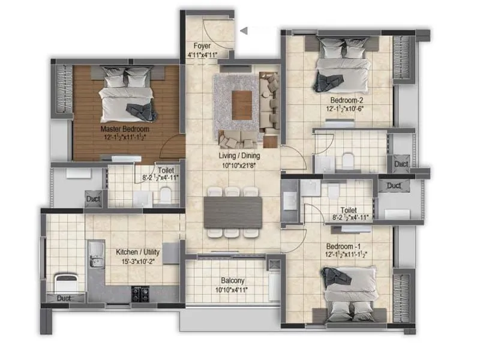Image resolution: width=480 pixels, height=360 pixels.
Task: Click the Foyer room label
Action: pyautogui.click(x=201, y=46)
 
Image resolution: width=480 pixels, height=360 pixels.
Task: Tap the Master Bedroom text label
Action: pyautogui.click(x=125, y=129)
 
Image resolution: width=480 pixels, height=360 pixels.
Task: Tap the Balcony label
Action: pyautogui.click(x=232, y=281)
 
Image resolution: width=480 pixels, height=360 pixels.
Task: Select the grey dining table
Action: pyautogui.click(x=233, y=212)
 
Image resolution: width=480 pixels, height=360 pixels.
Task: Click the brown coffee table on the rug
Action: pyautogui.click(x=241, y=104)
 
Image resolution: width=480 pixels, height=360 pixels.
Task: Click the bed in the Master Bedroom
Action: pyautogui.click(x=126, y=96)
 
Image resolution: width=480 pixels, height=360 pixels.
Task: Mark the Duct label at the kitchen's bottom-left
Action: pyautogui.click(x=63, y=298)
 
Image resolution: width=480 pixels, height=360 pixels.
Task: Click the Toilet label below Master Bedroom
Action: pyautogui.click(x=166, y=170)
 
